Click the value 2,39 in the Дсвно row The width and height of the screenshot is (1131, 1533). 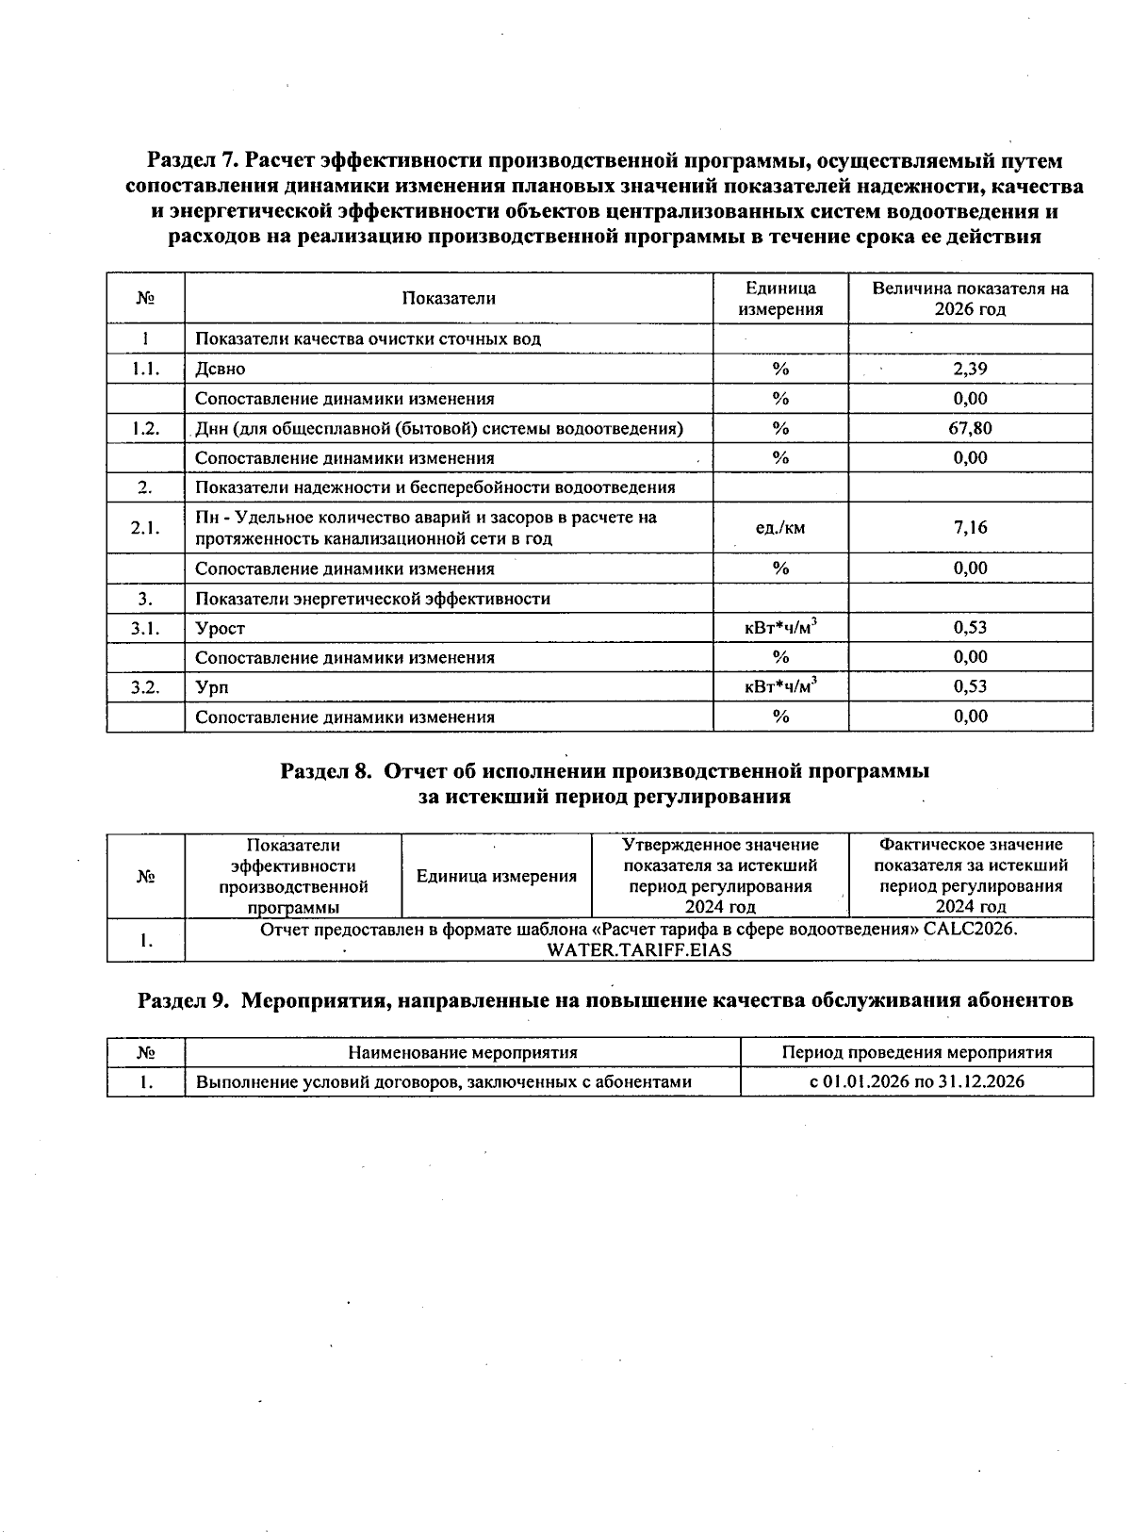[970, 369]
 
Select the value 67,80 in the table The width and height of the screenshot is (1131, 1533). [970, 428]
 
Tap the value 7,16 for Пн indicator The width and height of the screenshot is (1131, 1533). [970, 527]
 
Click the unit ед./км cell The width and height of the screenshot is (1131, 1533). [780, 528]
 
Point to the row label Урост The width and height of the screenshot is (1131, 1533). [221, 628]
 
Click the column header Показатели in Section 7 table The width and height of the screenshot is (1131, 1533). [449, 299]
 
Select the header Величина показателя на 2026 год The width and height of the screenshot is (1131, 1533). [970, 299]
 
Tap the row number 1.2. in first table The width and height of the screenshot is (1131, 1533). [145, 428]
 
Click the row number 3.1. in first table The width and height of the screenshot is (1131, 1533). [145, 628]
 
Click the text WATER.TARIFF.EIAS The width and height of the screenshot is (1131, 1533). [639, 949]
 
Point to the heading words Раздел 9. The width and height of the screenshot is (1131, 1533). [185, 1000]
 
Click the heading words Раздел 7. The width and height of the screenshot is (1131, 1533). [194, 161]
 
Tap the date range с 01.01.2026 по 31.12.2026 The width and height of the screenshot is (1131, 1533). [916, 1081]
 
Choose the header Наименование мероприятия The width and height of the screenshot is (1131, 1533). [462, 1052]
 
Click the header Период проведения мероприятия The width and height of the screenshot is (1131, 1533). [916, 1052]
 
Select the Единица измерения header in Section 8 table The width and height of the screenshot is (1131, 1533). [497, 876]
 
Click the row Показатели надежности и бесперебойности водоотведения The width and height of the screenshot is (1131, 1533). [435, 487]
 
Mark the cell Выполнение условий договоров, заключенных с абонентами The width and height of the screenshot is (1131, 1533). [444, 1081]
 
